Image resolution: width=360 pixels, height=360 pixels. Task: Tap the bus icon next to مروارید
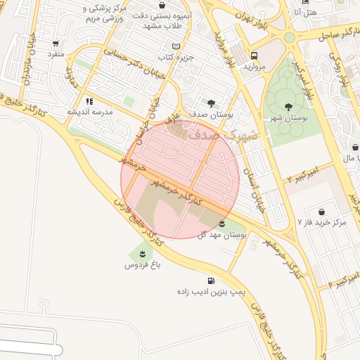pyautogui.click(x=253, y=56)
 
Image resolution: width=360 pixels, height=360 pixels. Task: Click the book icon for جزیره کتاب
pyautogui.click(x=176, y=46)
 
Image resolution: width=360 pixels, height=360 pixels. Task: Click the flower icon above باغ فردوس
pyautogui.click(x=143, y=254)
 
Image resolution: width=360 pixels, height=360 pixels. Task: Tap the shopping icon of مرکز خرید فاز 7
pyautogui.click(x=321, y=212)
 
